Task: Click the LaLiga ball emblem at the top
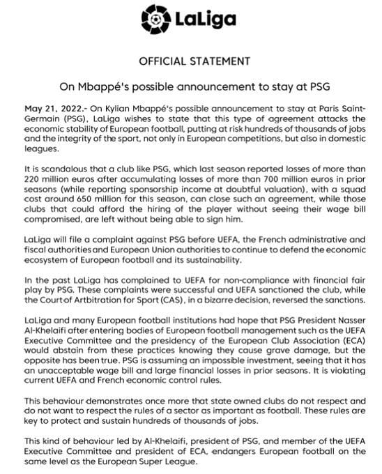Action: pos(155,15)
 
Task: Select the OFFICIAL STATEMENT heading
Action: pos(190,61)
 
